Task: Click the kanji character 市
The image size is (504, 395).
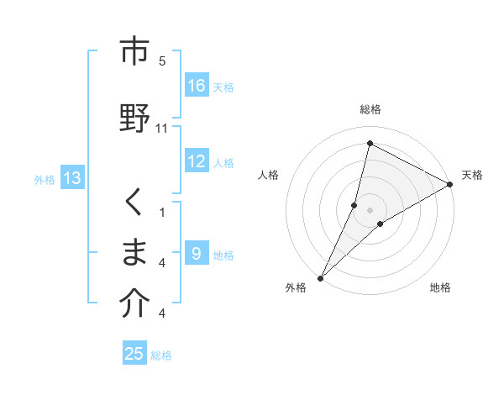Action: (134, 51)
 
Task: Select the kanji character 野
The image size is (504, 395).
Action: (134, 117)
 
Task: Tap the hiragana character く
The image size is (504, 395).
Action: (134, 202)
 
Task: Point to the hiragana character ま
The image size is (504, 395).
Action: (134, 252)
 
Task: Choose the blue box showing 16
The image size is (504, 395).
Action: (197, 86)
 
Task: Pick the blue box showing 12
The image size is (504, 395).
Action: (197, 161)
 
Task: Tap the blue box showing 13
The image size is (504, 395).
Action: (72, 178)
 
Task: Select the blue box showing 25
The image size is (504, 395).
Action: (134, 354)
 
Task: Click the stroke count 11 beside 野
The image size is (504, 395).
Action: (162, 128)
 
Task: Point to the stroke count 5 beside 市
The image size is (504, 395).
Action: (162, 61)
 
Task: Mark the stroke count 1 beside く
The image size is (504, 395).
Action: (162, 212)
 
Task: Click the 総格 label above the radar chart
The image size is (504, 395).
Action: (370, 109)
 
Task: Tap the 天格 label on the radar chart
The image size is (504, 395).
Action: (472, 175)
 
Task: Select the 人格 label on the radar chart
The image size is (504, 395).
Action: (268, 175)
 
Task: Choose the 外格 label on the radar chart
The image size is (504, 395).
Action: (296, 288)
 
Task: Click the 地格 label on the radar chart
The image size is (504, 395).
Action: (440, 288)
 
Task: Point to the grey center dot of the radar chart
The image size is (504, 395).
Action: (370, 209)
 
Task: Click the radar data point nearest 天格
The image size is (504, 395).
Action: (450, 184)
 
